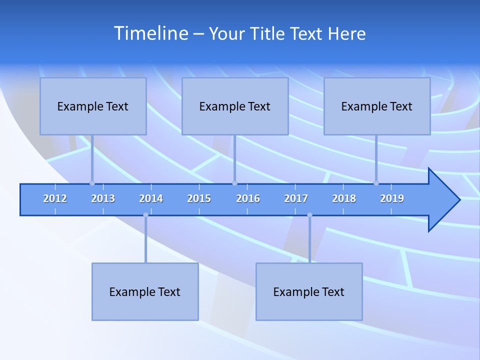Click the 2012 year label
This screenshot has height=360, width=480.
55,198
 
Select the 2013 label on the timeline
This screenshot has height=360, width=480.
103,198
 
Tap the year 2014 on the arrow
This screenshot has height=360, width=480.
151,198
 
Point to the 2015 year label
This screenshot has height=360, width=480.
199,198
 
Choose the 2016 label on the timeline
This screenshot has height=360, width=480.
248,198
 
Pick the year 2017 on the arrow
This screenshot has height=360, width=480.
296,198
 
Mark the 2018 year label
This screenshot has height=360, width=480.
344,198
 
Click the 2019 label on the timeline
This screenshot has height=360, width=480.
392,198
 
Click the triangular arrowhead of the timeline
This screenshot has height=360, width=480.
443,200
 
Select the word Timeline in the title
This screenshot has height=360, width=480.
150,33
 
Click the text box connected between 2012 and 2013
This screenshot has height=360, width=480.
93,106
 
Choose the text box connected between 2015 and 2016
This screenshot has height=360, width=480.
235,106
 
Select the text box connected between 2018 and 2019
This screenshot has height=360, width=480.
377,106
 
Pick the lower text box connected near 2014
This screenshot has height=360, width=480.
145,291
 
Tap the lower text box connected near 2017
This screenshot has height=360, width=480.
309,291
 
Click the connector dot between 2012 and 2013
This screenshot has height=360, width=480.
92,183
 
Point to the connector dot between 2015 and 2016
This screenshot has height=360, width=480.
234,183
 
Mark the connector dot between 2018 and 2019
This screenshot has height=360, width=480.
376,183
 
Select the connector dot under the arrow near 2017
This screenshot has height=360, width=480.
309,215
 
